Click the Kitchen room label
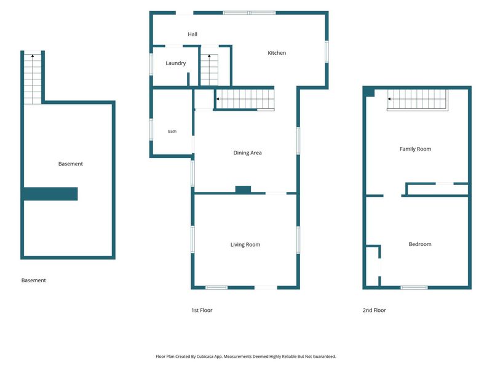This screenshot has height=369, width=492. (277, 53)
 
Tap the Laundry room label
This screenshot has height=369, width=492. (176, 63)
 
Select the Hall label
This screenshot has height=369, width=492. (192, 34)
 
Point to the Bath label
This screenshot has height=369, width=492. (172, 132)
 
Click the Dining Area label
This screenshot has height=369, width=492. (248, 153)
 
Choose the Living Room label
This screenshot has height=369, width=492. (245, 245)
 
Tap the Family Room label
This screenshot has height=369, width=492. (416, 149)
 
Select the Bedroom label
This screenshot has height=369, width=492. (420, 244)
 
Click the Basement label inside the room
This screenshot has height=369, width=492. (71, 164)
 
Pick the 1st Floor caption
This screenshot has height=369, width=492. (202, 311)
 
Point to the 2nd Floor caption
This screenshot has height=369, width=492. (375, 311)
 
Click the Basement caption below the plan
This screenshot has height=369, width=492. (34, 280)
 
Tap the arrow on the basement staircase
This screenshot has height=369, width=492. (33, 56)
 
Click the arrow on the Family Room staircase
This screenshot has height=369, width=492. (389, 99)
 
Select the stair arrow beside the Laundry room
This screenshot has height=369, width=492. (209, 56)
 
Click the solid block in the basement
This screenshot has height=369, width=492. (50, 194)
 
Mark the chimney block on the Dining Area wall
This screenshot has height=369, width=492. (243, 189)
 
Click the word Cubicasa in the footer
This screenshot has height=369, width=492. (205, 357)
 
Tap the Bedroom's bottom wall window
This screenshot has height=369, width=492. (414, 287)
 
